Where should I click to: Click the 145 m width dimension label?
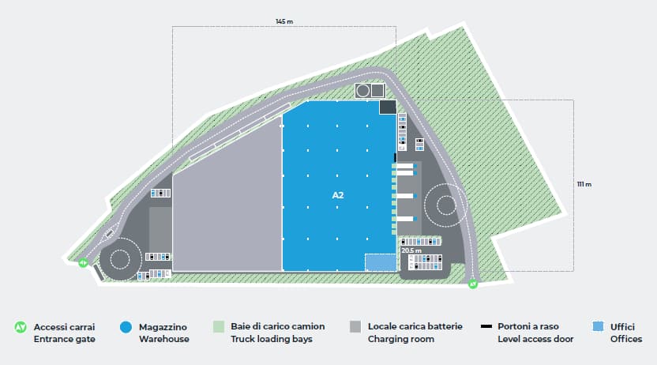coord(284,21)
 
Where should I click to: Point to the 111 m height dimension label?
coord(584,184)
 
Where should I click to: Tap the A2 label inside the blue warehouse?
coord(338,194)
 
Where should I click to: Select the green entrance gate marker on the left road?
coord(83,262)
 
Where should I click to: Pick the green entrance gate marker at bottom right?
coord(472,283)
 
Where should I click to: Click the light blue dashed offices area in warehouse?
coord(378,262)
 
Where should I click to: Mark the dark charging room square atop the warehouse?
coord(388,107)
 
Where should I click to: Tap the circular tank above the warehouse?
coord(363,91)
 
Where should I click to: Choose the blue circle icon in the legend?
coord(125,326)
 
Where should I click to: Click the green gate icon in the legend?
coord(21,326)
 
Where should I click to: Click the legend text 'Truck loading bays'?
coord(270,340)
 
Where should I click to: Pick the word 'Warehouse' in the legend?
coord(163,340)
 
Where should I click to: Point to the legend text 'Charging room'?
coord(401,340)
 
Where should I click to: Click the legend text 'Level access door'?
coord(535,340)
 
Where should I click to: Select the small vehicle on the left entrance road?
coord(110,234)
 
